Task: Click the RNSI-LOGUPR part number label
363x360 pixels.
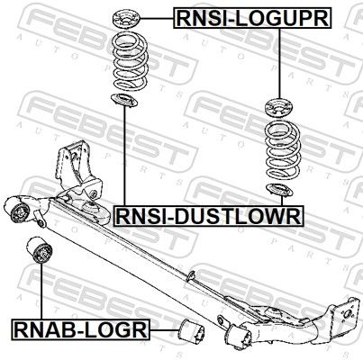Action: [x=253, y=18]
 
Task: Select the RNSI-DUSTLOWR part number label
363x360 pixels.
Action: [x=208, y=216]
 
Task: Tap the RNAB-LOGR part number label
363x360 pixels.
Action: [x=81, y=329]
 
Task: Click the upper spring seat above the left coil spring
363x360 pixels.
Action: [x=127, y=20]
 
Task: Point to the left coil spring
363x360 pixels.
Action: [x=129, y=60]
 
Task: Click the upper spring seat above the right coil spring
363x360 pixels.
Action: [x=279, y=108]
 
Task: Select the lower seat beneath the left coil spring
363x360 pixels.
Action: [x=124, y=100]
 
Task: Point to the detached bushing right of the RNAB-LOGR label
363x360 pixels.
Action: [x=192, y=332]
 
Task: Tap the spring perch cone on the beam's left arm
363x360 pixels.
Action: [x=94, y=210]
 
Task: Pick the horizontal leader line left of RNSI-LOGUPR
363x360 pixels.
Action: [x=158, y=19]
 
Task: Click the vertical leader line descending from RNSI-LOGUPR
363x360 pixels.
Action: [x=279, y=64]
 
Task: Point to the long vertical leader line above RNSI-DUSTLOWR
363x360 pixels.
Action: [x=124, y=156]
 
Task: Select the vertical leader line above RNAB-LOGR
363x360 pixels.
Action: [x=41, y=291]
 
